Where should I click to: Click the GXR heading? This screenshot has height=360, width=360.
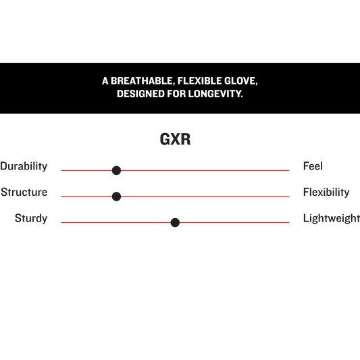175,139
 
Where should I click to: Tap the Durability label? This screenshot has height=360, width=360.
24,166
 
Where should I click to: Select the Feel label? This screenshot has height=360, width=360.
313,166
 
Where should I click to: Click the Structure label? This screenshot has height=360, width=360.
24,192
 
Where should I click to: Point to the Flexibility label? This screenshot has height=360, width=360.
326,192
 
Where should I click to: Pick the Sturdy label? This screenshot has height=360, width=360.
31,218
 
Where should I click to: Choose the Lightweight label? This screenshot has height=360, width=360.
332,218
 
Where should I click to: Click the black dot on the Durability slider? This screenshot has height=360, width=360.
116,170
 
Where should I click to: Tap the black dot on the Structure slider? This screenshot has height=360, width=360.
116,197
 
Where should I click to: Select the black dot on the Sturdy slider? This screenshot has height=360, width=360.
175,222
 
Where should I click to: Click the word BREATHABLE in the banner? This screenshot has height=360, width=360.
142,81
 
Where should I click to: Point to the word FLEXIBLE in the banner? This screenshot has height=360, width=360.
199,81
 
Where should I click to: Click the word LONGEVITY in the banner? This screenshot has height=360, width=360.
215,94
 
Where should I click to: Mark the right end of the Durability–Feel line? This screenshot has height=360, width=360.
289,170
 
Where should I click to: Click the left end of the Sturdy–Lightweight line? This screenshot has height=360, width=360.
61,222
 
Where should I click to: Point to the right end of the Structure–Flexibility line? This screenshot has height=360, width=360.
289,197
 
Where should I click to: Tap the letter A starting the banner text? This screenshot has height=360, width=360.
105,81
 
